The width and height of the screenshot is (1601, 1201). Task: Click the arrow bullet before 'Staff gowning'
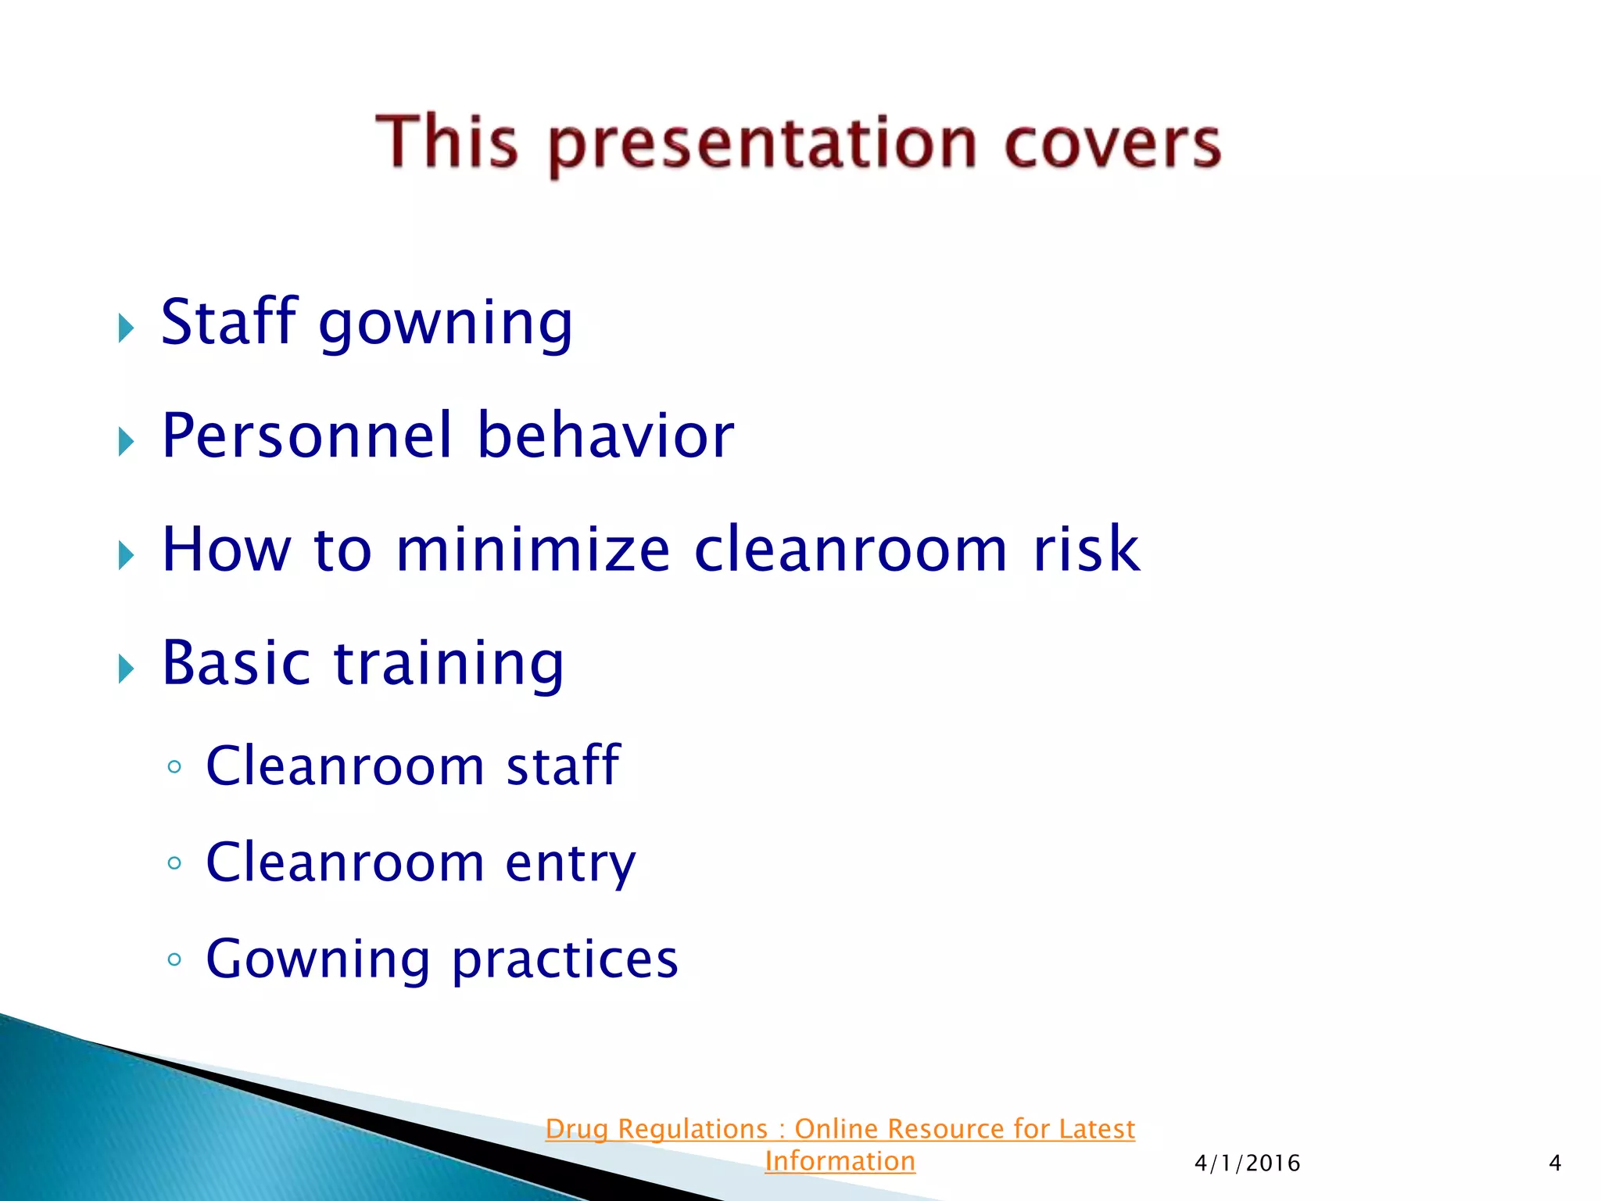[x=126, y=328]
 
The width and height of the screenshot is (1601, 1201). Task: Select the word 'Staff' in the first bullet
[x=228, y=321]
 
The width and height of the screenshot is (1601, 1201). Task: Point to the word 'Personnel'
[x=307, y=436]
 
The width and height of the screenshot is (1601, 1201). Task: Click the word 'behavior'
[x=606, y=436]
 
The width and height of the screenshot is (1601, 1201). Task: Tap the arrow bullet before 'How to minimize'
[x=126, y=556]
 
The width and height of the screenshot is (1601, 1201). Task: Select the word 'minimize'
[x=533, y=550]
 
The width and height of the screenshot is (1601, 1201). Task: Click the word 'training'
[x=449, y=664]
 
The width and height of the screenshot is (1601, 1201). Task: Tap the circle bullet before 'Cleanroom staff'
[x=174, y=767]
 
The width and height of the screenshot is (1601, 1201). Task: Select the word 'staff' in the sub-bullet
[x=563, y=765]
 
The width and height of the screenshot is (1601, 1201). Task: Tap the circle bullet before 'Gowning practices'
[x=174, y=959]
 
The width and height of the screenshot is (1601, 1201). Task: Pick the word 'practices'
[x=565, y=959]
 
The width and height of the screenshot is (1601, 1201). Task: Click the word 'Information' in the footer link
[x=840, y=1161]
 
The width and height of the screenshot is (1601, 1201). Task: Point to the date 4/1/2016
[x=1247, y=1163]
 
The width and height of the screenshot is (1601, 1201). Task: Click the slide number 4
[x=1555, y=1163]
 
